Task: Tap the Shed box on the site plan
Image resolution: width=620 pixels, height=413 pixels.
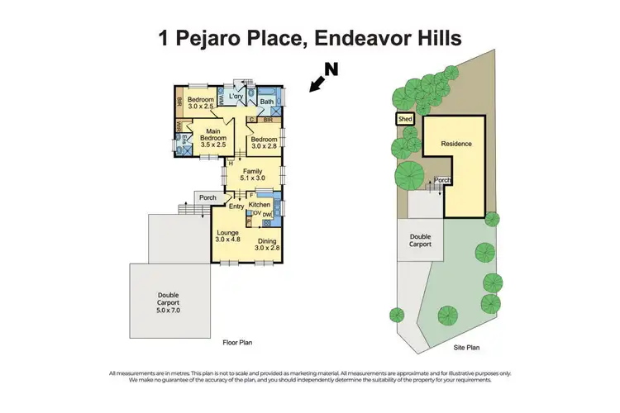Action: click(x=405, y=119)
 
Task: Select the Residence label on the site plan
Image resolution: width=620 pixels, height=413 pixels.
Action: click(x=455, y=144)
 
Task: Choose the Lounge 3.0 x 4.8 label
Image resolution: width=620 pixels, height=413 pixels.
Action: click(x=227, y=237)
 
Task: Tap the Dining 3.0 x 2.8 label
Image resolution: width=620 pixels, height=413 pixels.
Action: click(x=267, y=244)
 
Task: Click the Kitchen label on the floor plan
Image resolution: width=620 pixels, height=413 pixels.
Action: click(x=260, y=204)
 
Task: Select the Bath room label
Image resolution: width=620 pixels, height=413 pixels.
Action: click(x=267, y=102)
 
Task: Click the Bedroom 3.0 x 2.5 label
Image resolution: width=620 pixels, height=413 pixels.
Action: click(x=200, y=102)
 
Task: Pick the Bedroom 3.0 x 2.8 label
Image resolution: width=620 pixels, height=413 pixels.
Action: click(x=265, y=142)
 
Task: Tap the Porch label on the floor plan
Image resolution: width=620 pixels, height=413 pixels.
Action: click(x=206, y=197)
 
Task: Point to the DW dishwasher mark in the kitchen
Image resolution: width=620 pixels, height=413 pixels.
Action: click(x=267, y=214)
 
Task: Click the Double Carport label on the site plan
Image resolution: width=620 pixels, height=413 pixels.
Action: click(x=421, y=240)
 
